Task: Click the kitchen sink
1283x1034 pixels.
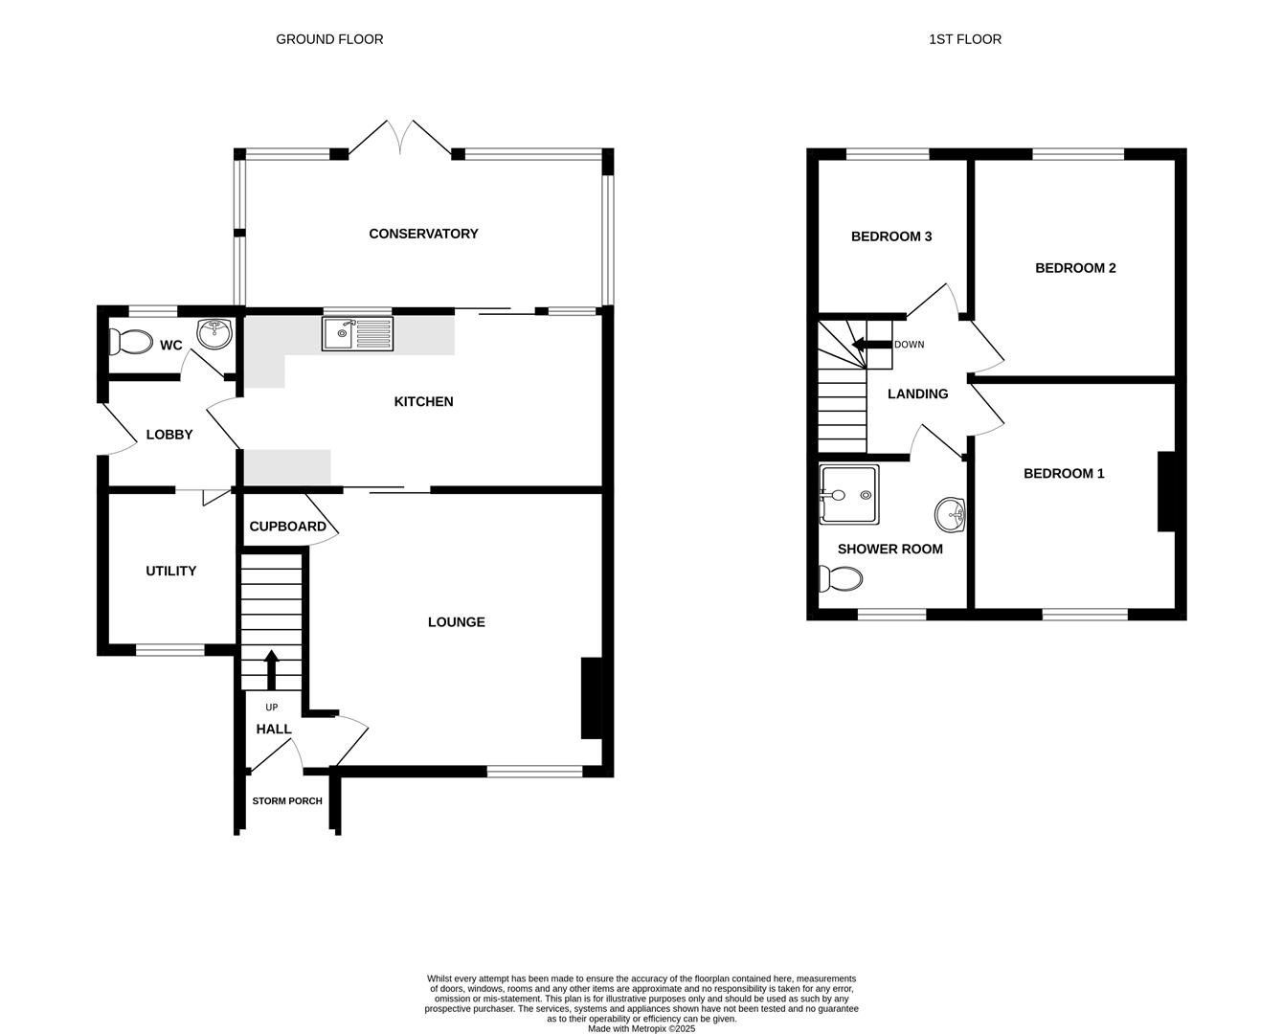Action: click(x=357, y=333)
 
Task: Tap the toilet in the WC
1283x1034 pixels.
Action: click(x=130, y=342)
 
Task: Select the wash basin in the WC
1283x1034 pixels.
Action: click(x=214, y=333)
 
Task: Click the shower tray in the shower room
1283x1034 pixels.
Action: click(x=849, y=495)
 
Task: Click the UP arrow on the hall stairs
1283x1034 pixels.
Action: click(x=271, y=668)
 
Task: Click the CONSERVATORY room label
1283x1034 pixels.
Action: click(x=423, y=234)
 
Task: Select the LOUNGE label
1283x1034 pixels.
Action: click(x=456, y=622)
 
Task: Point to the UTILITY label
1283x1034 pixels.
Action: click(x=170, y=571)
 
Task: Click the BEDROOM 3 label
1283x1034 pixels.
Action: click(x=891, y=236)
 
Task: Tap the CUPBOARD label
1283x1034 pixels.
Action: click(x=287, y=527)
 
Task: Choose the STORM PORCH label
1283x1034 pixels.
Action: click(x=287, y=801)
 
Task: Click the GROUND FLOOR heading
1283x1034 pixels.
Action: click(x=329, y=39)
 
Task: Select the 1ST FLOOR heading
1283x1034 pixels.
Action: click(x=965, y=39)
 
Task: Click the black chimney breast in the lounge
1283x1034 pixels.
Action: click(x=591, y=698)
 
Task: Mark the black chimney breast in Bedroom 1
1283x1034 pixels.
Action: click(x=1166, y=491)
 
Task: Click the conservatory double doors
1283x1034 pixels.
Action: click(x=400, y=139)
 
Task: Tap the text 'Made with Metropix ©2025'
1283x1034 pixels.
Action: click(x=641, y=1029)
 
